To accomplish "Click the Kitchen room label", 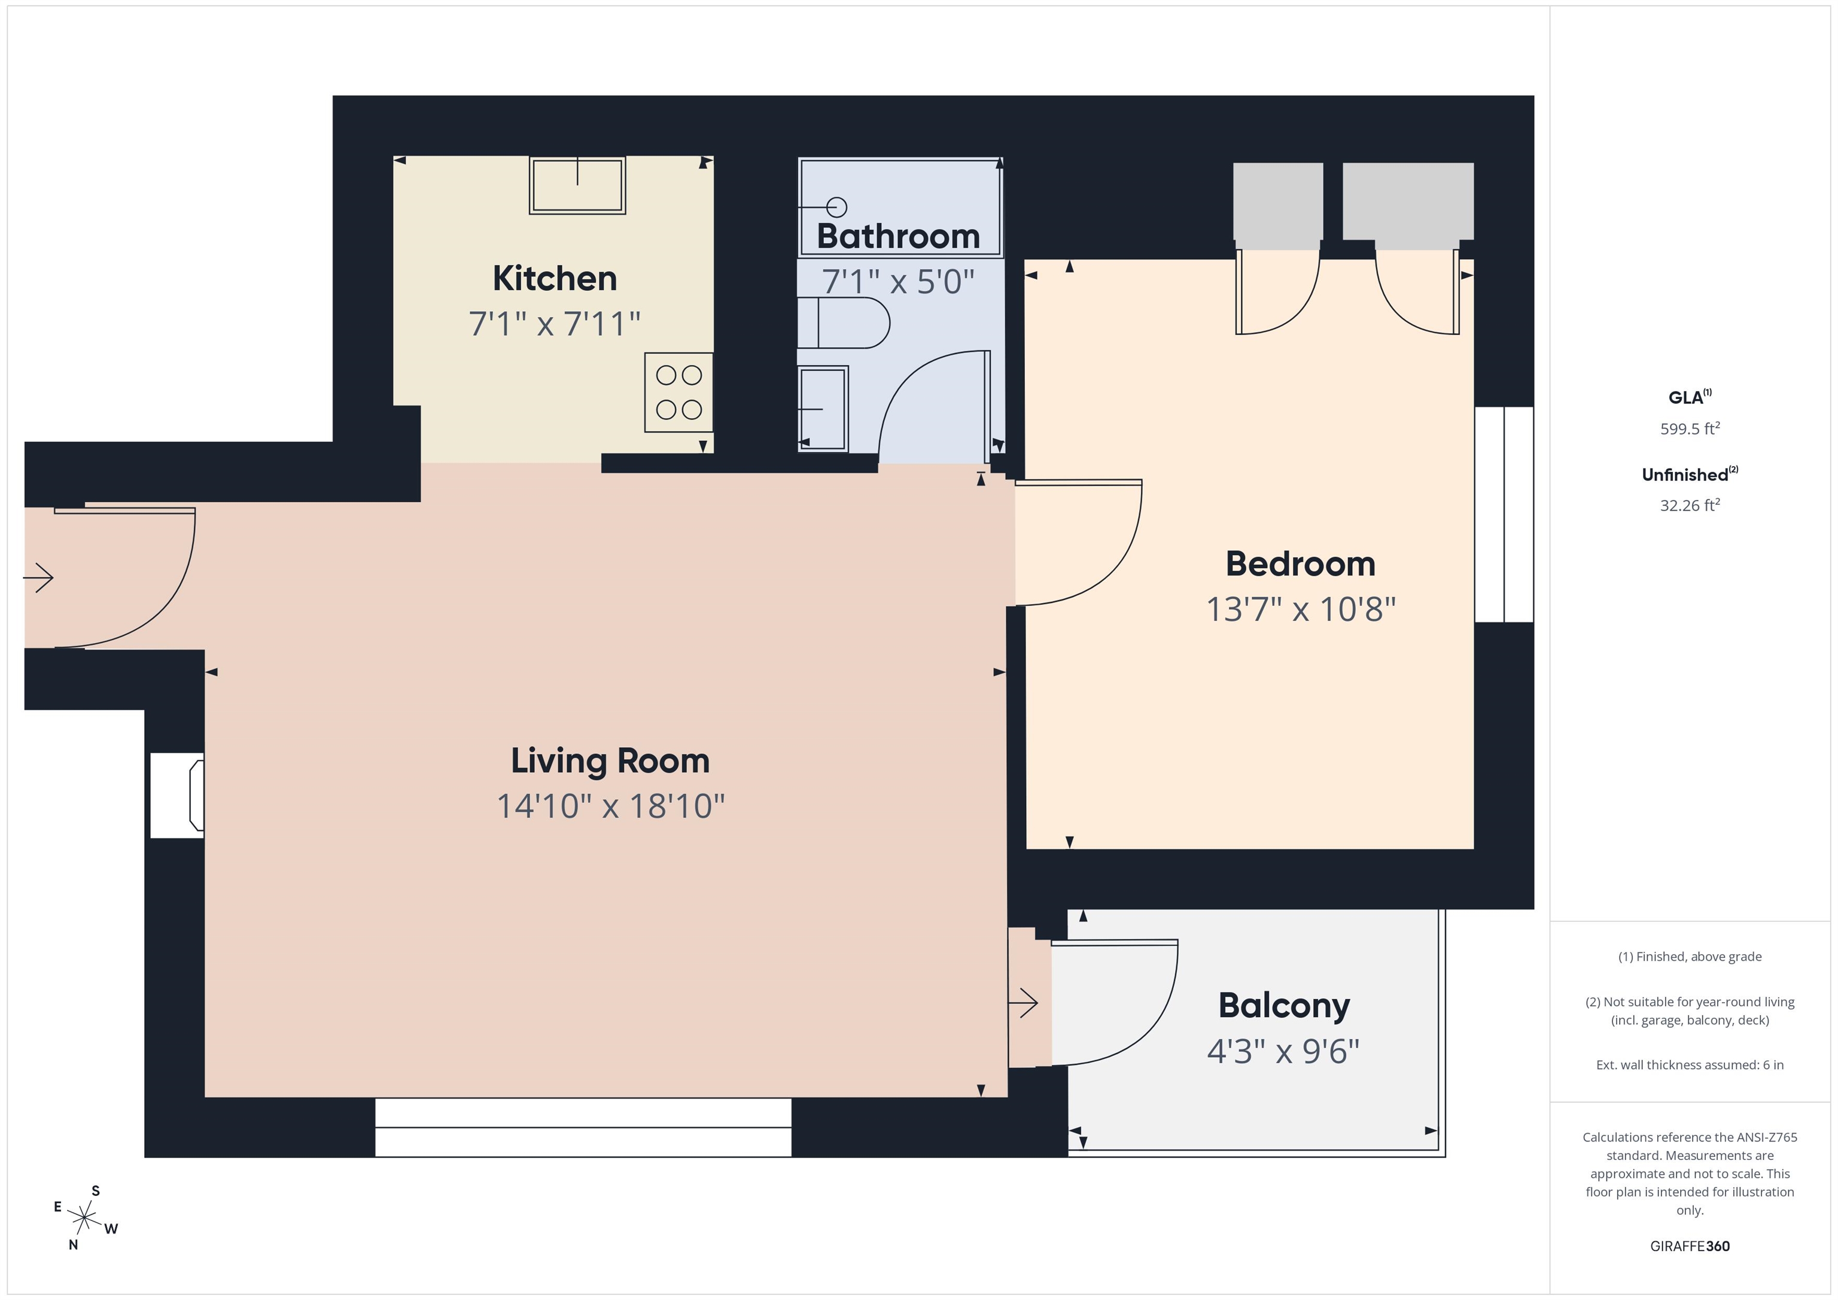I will [x=554, y=279].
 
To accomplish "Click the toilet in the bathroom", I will [x=843, y=322].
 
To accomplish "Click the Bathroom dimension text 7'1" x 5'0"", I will [x=897, y=282].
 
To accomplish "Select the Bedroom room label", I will [x=1300, y=564].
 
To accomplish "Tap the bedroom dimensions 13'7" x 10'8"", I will [x=1300, y=609].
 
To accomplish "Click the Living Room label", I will [x=610, y=760].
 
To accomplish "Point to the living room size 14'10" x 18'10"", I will [x=610, y=806].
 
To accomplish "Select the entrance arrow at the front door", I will [x=38, y=577].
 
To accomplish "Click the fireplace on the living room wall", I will [x=178, y=796].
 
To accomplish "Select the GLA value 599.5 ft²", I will [x=1689, y=428].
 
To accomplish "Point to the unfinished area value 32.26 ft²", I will [x=1689, y=505].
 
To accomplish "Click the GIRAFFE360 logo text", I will [x=1689, y=1246].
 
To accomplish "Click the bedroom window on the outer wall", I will [x=1504, y=514].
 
